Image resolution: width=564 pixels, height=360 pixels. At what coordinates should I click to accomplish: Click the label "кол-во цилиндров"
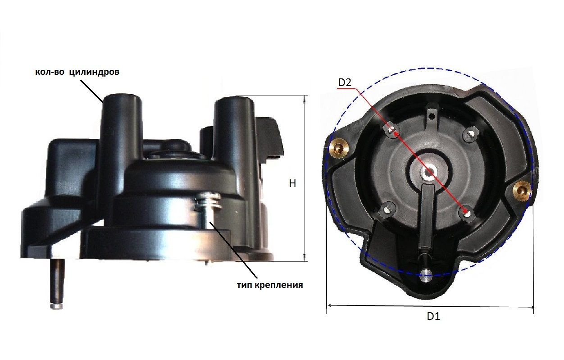coord(77,72)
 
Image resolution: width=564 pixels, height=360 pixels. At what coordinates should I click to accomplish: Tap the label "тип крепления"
coord(270,285)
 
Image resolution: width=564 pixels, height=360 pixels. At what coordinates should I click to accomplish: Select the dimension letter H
coord(292,184)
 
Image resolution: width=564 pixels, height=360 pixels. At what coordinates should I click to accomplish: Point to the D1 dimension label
coord(433,316)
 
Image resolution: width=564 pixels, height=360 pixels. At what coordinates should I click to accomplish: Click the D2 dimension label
coord(345,82)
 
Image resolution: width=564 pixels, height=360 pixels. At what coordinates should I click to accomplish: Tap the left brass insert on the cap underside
coord(339,148)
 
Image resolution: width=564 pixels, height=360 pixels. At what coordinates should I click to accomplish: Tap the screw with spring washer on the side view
coord(208,201)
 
